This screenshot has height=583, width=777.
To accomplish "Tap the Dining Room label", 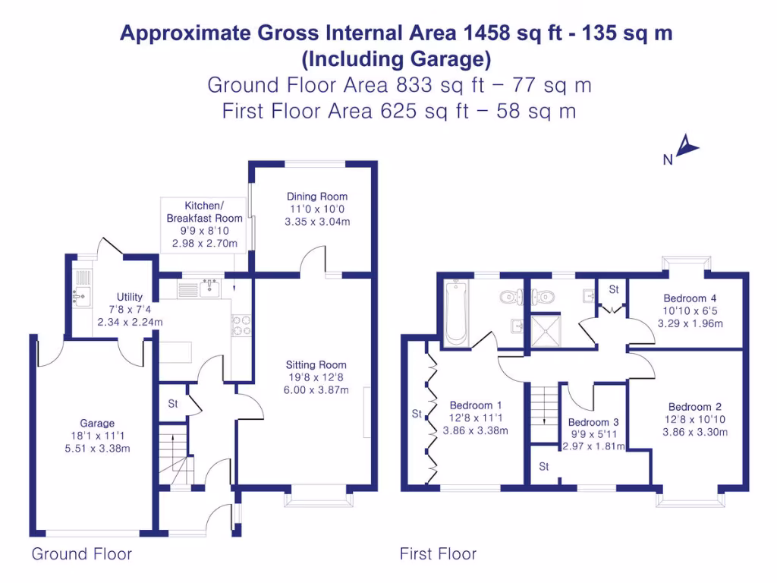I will (x=317, y=197).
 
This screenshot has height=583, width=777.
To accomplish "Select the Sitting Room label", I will (x=316, y=364).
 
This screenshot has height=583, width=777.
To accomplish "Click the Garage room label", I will (x=97, y=423).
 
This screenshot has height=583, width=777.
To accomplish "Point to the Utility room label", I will (x=130, y=297).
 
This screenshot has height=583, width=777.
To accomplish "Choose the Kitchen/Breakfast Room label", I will (x=204, y=212).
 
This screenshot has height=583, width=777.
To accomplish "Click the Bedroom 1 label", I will (x=475, y=405).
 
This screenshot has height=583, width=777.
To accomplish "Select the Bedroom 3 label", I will (x=593, y=422).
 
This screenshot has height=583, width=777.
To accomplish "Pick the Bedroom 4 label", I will (x=690, y=298).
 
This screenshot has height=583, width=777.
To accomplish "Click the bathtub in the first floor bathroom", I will (x=455, y=312).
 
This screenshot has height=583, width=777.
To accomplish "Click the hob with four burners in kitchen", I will (x=241, y=324).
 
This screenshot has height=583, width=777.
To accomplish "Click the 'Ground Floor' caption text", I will (x=81, y=554).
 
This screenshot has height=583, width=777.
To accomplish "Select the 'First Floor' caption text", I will (x=438, y=554).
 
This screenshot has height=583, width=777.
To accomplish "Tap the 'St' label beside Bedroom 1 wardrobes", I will (x=417, y=414).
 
